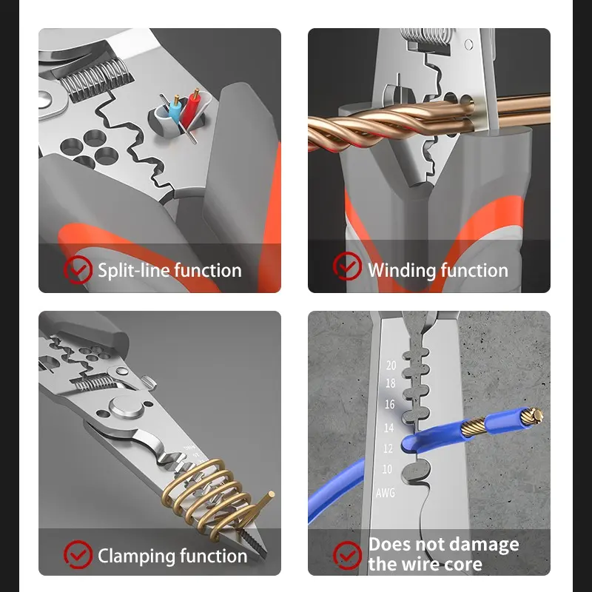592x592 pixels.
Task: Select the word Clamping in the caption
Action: point(136,556)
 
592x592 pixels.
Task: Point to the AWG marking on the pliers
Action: point(385,493)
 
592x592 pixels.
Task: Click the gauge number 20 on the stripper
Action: point(391,365)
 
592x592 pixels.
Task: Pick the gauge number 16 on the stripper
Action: point(390,404)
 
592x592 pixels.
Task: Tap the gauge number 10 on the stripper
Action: point(387,469)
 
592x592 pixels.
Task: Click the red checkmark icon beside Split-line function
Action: point(78,269)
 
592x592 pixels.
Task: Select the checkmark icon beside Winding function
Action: point(347,266)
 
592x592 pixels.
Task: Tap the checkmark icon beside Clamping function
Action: point(78,554)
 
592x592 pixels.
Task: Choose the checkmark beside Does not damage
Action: point(347,555)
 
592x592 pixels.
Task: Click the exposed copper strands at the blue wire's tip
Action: point(532,415)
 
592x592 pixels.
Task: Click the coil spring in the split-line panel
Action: point(95,80)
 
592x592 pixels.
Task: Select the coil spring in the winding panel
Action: point(425,38)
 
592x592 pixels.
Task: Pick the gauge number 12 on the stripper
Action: point(388,448)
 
